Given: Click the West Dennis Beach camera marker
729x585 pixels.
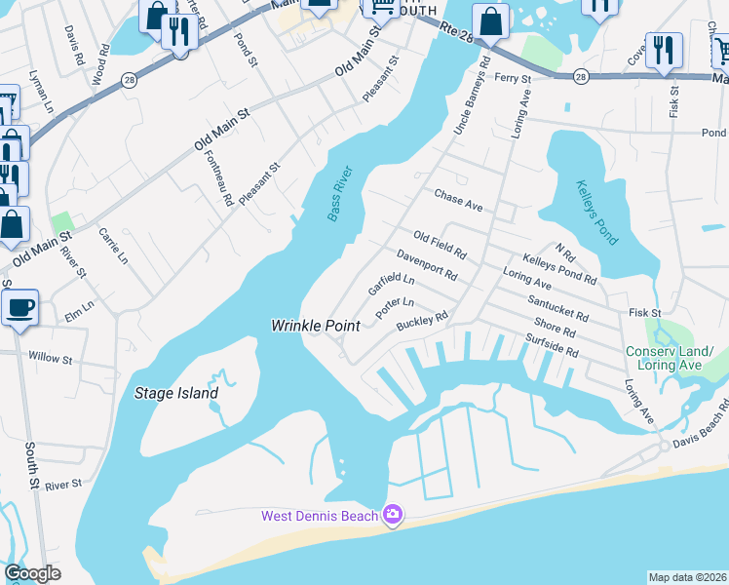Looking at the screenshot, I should [x=393, y=514].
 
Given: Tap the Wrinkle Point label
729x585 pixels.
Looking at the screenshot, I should [x=316, y=325].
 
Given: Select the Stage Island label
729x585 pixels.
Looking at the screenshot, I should [x=175, y=394].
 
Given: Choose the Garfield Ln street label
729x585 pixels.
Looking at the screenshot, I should [x=391, y=285].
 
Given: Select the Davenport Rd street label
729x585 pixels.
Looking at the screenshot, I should [x=427, y=264].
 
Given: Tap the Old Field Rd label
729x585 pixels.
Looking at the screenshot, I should [x=440, y=245].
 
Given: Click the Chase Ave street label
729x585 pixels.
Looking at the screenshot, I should [x=459, y=200].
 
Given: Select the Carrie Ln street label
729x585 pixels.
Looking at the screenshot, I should [x=112, y=247].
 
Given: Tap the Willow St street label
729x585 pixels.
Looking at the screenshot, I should [x=51, y=359].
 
